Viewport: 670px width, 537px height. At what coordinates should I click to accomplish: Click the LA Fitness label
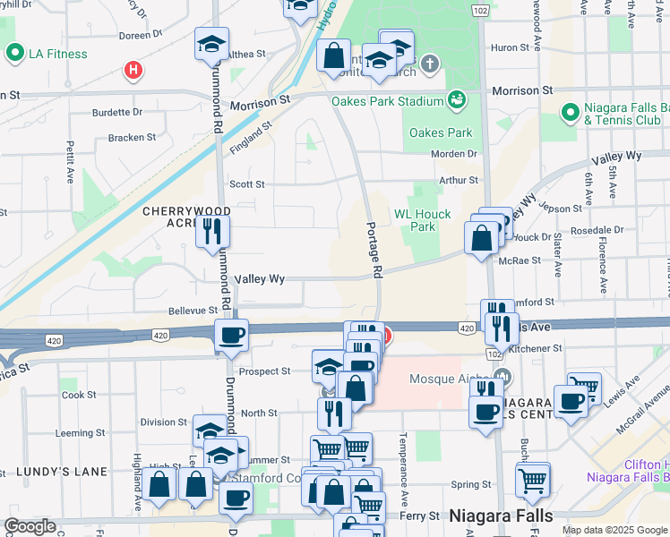coord(57,54)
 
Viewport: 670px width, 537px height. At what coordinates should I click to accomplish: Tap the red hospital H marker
coord(133,70)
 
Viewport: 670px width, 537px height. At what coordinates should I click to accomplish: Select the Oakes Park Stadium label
coord(388,100)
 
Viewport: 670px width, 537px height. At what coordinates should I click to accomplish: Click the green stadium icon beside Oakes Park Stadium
coord(457,98)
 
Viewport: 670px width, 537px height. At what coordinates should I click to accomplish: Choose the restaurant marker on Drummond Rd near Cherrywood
coord(213,231)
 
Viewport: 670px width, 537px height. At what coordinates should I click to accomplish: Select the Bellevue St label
coord(168,311)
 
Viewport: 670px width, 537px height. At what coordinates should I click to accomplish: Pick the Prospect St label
coord(266,371)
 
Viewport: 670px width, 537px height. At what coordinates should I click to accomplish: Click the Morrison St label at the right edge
coord(521,91)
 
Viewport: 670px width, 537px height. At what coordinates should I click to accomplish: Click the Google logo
coord(30,526)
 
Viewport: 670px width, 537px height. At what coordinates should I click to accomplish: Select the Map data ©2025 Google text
coord(615,530)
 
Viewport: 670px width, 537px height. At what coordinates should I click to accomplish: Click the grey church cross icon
coord(431,64)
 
